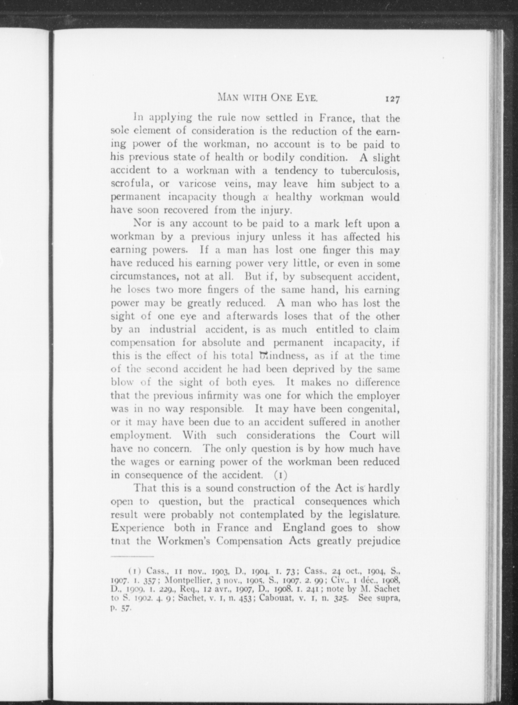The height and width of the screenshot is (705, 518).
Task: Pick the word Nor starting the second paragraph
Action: (143, 223)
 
